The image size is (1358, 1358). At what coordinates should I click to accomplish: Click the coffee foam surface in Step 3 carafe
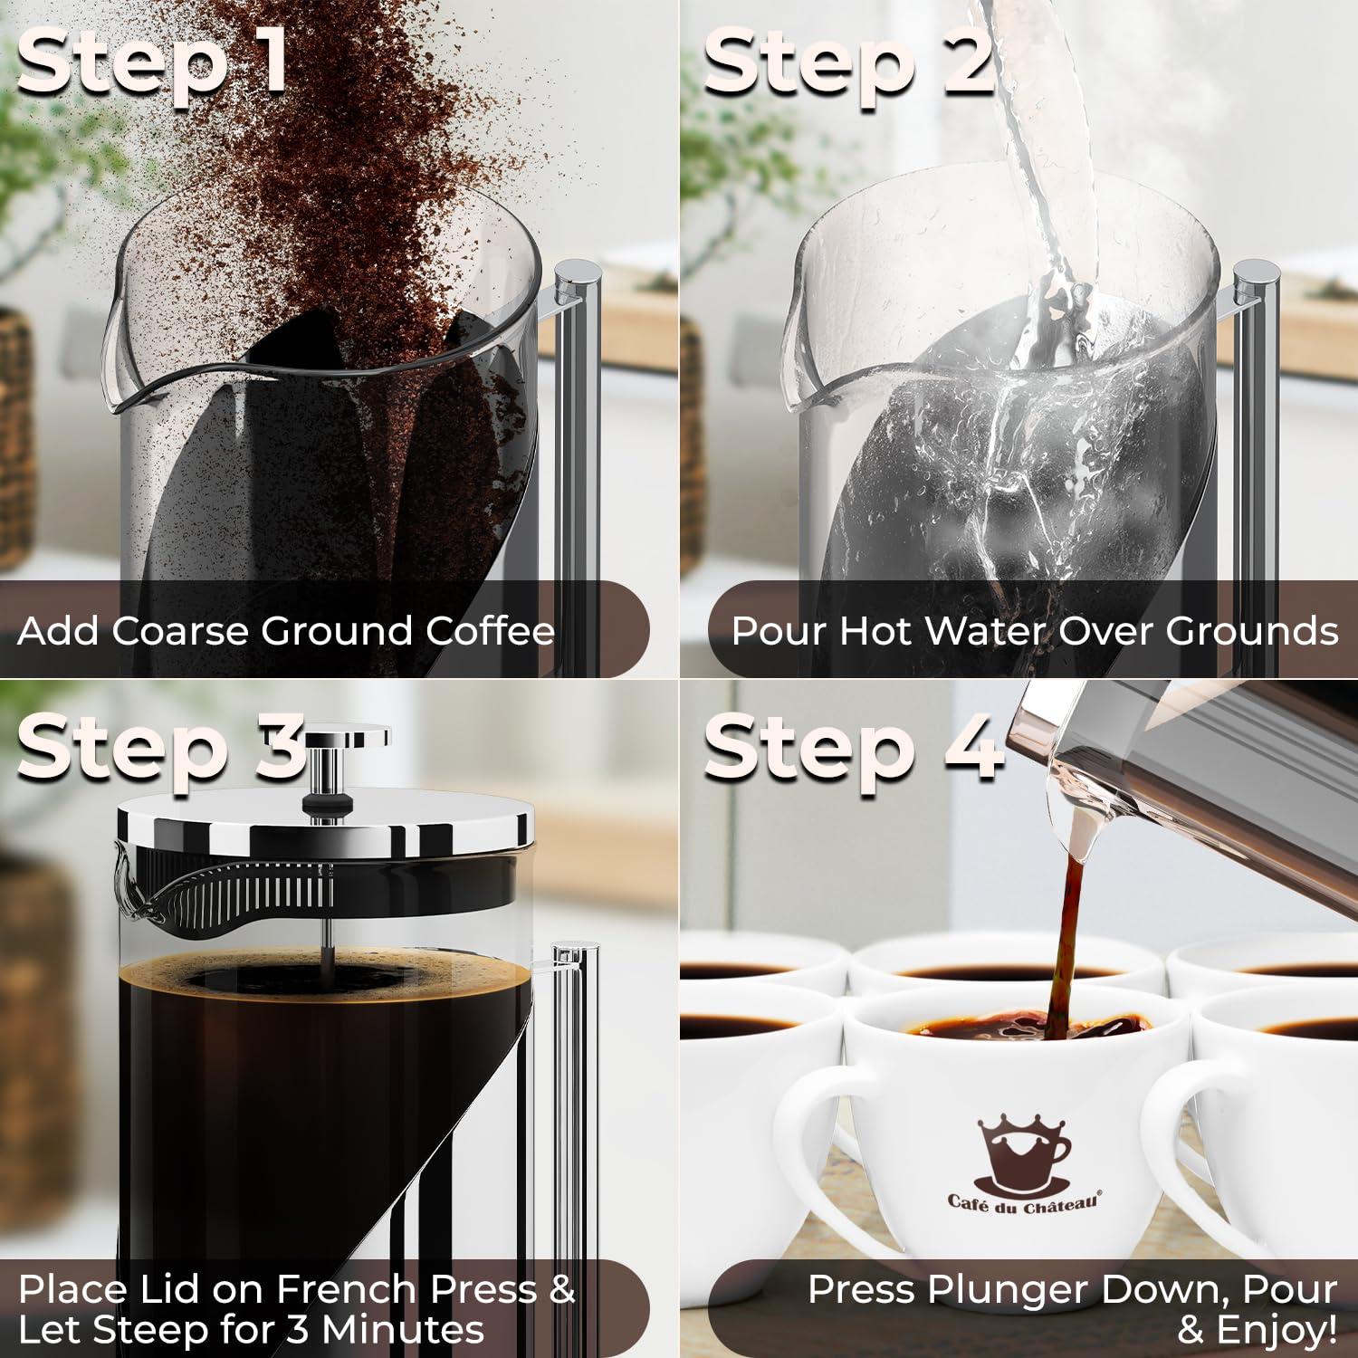(x=326, y=978)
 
